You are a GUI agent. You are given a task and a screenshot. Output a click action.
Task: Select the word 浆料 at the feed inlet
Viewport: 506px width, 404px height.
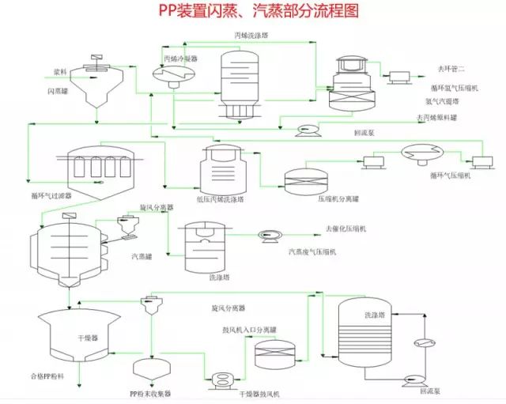tap(60, 72)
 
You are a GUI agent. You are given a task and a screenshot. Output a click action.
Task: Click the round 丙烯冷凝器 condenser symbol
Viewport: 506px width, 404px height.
tap(168, 74)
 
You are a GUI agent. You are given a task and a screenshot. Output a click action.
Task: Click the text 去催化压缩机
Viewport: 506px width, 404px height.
tap(346, 229)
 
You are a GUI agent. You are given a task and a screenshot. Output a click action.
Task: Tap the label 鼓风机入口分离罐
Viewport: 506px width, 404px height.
tap(239, 330)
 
